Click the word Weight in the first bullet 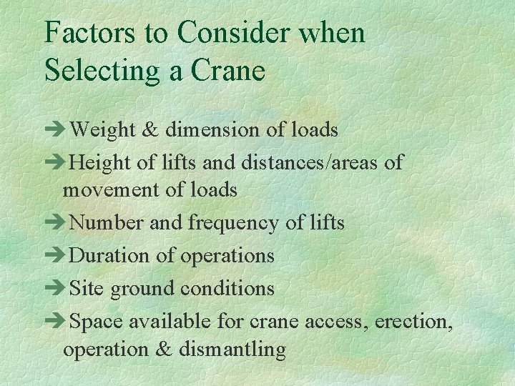click(x=103, y=129)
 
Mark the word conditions click(x=227, y=288)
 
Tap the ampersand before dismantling click(x=166, y=350)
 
